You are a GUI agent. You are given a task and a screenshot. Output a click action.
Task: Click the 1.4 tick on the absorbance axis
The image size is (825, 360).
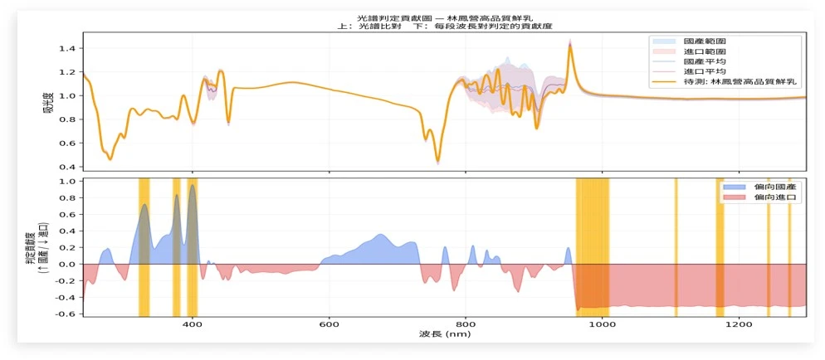click(71, 48)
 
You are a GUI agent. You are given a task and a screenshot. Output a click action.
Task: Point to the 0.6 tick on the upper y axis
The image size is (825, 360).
click(71, 143)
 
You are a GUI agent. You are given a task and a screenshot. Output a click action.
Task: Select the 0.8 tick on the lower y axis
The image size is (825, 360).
click(71, 197)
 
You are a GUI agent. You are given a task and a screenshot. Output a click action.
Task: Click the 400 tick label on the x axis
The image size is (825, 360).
click(192, 324)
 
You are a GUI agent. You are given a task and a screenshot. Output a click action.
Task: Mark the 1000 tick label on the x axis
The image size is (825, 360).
click(602, 324)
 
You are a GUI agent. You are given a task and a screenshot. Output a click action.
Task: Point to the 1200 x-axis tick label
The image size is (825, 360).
click(739, 324)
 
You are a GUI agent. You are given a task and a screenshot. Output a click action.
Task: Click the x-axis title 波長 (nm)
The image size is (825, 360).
click(445, 334)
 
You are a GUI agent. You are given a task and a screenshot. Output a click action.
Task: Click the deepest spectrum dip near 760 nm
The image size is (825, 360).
click(437, 161)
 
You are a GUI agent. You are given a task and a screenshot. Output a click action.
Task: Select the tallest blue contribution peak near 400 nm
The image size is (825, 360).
click(193, 186)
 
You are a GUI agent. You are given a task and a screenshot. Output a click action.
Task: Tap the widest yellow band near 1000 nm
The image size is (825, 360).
click(593, 247)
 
